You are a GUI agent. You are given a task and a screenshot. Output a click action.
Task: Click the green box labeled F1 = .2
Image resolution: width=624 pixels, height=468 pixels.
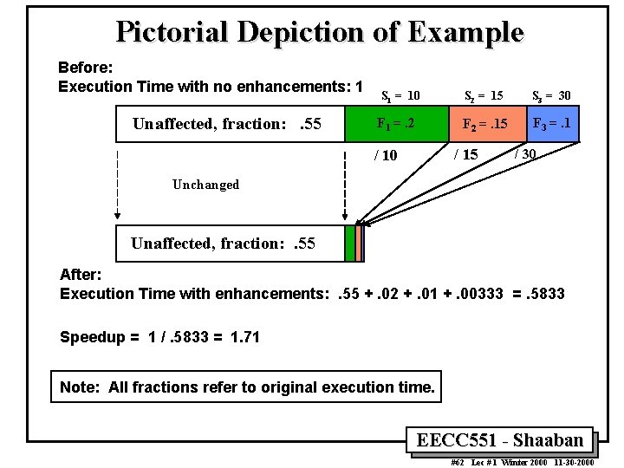pos(396,123)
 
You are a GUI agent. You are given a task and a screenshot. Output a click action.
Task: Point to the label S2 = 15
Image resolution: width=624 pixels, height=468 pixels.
pos(484,94)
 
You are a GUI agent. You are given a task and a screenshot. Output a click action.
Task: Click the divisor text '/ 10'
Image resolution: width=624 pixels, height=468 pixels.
pos(385,156)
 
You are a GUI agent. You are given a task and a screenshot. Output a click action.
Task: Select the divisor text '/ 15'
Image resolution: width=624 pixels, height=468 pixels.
pos(465,155)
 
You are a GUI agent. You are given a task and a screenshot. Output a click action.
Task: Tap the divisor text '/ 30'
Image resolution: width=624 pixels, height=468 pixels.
pos(525,153)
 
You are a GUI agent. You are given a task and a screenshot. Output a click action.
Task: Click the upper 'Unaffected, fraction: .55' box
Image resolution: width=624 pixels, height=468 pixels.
pos(230,123)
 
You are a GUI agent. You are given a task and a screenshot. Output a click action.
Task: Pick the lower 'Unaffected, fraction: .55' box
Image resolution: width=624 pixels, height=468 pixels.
pos(230,244)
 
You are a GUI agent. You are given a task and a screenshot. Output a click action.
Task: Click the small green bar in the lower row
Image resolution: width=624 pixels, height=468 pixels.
pos(349,244)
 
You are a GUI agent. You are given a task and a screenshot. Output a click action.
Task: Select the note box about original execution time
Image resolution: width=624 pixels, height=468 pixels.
pos(247,387)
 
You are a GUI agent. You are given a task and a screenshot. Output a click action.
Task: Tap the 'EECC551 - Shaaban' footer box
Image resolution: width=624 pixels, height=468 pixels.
pos(500,440)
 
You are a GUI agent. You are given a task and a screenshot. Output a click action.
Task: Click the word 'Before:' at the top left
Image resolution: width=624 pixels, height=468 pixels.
pos(81,67)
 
